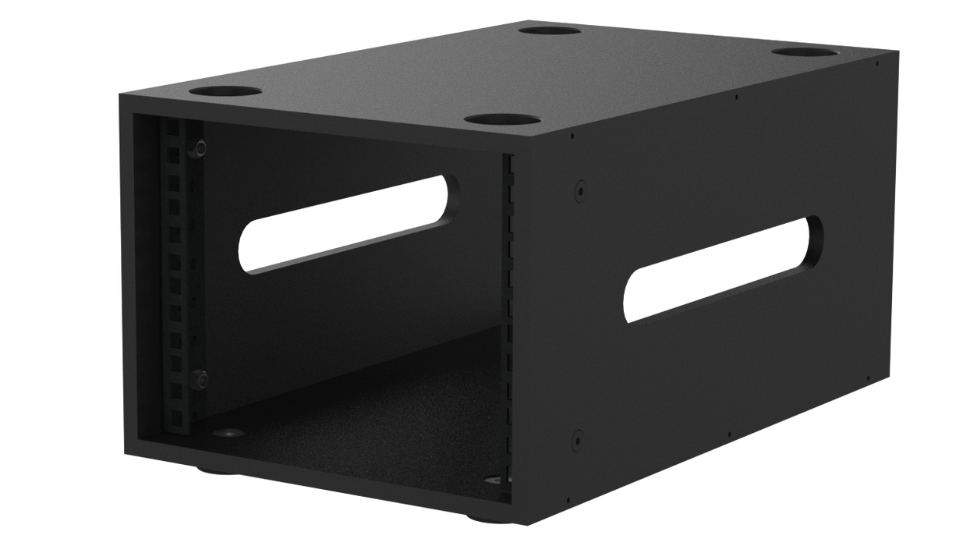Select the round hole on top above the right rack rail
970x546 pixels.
pos(502,120)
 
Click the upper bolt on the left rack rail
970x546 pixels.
pos(201,147)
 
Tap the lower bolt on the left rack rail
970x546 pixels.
pos(201,380)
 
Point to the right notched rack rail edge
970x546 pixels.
pos(508,328)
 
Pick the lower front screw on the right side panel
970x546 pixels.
pos(578,437)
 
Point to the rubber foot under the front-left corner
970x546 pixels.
pos(207,470)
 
